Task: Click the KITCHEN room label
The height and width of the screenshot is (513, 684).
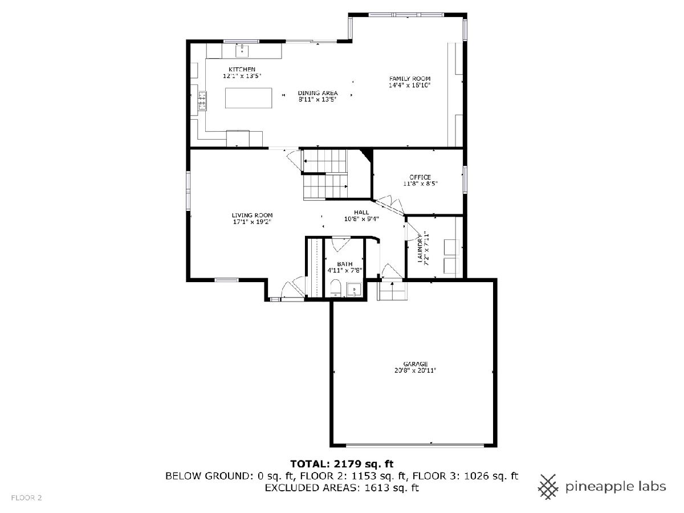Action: [x=242, y=70]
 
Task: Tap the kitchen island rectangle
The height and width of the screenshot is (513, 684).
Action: [x=249, y=98]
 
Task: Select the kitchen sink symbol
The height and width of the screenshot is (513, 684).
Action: [x=242, y=51]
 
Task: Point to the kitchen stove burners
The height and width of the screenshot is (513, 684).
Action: [x=202, y=100]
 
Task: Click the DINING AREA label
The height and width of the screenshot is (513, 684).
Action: [x=317, y=93]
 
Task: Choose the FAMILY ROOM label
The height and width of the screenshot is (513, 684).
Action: [x=409, y=79]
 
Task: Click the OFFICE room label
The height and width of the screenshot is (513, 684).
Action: [x=420, y=177]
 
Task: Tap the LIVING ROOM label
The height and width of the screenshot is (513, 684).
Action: [x=252, y=215]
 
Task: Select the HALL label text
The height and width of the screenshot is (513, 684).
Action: [x=361, y=213]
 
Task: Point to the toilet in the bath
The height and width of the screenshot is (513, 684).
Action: [x=336, y=288]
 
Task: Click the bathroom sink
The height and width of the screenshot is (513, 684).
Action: [x=354, y=290]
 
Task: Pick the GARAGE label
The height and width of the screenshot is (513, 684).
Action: [x=416, y=364]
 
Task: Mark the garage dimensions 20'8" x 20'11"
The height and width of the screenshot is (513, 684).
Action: [x=415, y=370]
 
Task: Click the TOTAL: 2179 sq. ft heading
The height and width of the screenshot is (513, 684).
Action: [x=342, y=464]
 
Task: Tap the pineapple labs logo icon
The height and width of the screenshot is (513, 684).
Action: [x=548, y=487]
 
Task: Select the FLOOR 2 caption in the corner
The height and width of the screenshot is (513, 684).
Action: [x=26, y=498]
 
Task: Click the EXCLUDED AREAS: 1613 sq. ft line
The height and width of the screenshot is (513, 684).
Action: [x=342, y=487]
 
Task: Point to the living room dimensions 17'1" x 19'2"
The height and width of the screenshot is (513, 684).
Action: [x=252, y=222]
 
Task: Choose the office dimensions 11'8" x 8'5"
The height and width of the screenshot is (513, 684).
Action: [x=420, y=184]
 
